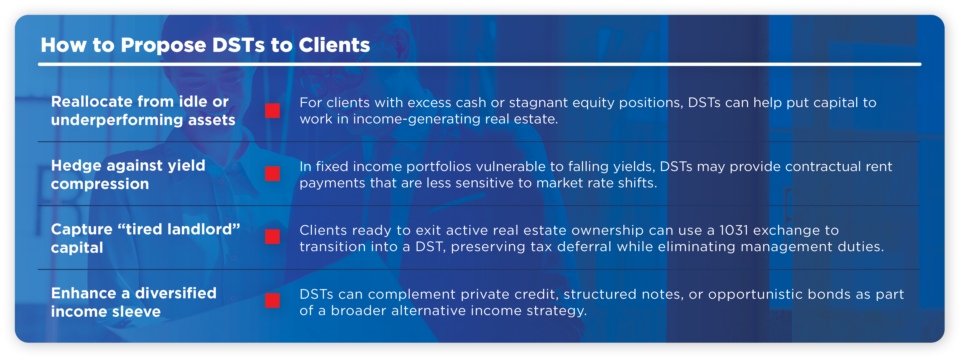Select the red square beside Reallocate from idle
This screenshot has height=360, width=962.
coord(272,111)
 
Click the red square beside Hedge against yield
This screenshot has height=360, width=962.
coord(272,174)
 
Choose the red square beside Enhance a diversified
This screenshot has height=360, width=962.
coord(272,300)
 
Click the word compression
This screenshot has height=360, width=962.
coord(100,184)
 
